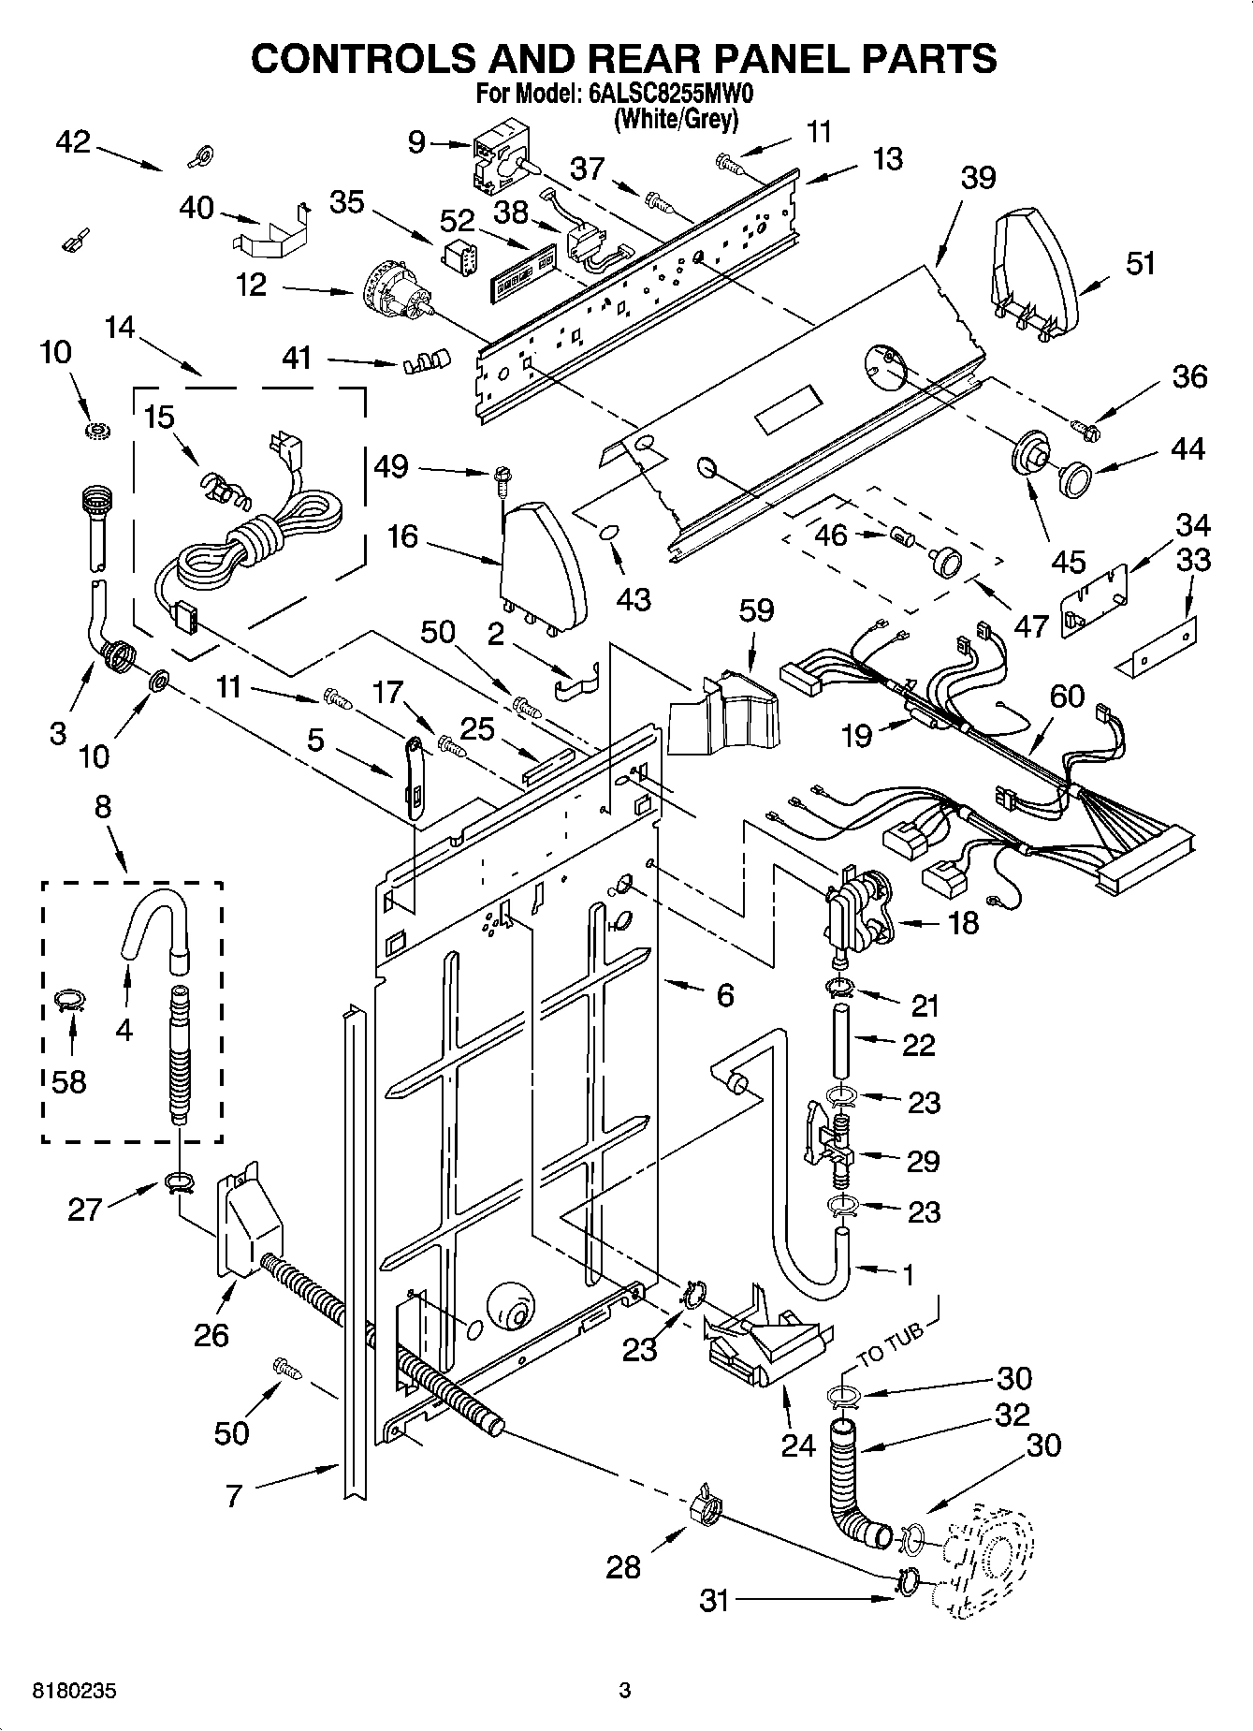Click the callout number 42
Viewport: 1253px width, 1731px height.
73,142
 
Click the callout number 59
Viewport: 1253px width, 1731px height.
756,610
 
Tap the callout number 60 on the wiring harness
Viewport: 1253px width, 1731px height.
1066,696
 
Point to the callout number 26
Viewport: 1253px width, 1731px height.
211,1334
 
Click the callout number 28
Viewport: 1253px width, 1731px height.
623,1566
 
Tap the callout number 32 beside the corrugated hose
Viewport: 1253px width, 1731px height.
1013,1414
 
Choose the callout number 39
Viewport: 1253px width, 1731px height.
977,176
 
